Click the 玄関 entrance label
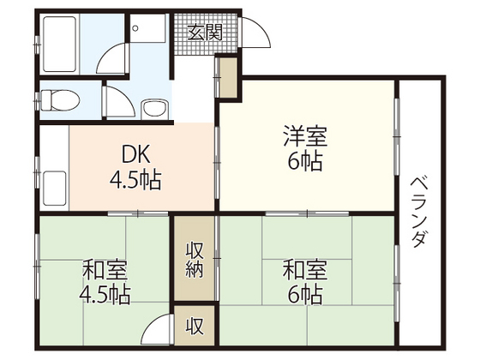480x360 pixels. pos(205,33)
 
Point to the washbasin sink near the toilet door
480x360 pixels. pos(155,109)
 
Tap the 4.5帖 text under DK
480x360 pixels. pos(135,181)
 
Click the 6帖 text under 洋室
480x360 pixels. pos(306,161)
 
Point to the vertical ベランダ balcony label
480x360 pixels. pos(419,211)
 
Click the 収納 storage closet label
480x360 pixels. pos(195,258)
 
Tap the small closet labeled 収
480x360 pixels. pos(195,326)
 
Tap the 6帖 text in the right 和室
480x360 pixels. pos(306,296)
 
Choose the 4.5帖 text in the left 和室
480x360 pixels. pos(105,296)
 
